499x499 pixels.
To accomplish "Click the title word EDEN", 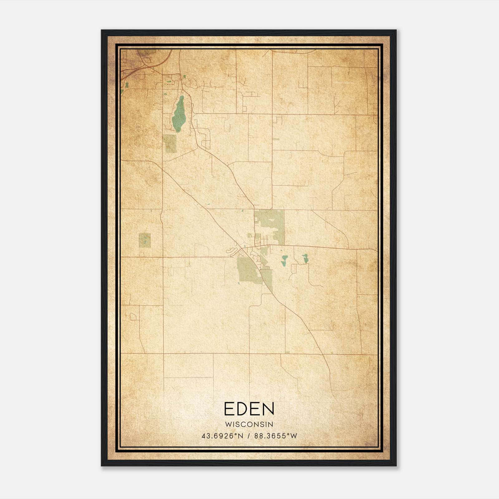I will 249,409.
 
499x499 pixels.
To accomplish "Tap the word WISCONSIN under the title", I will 249,424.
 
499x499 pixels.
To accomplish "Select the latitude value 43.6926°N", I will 222,436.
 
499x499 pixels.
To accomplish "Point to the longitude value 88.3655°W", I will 276,436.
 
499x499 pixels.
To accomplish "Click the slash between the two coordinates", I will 249,436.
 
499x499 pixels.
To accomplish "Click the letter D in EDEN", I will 241,409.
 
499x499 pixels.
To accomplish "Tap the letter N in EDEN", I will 268,409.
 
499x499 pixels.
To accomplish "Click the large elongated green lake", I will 179,115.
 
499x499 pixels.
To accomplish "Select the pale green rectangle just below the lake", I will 170,143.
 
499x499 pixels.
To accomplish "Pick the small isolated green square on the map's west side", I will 145,240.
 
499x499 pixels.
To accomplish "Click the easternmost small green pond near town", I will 305,258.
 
